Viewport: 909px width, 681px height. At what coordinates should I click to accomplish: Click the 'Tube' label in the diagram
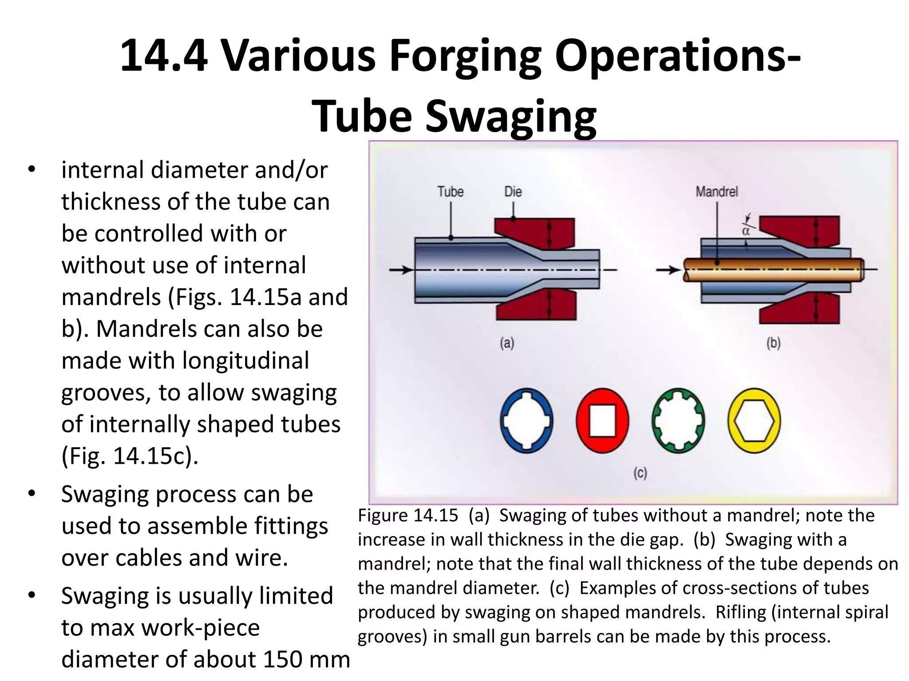pos(450,192)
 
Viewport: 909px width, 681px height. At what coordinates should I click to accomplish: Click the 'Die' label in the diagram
pos(513,192)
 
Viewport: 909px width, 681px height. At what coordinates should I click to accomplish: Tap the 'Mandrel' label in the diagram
pos(716,192)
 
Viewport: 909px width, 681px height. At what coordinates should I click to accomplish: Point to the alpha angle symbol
pos(746,231)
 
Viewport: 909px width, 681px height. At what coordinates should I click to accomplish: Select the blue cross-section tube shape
pos(526,420)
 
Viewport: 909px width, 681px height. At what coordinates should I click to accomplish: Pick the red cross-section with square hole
pos(602,420)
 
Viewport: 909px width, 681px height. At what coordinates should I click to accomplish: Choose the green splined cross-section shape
pos(678,420)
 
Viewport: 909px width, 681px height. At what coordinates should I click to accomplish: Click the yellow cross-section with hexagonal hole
pos(754,420)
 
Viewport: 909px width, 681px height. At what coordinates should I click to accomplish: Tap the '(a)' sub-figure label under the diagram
pos(507,343)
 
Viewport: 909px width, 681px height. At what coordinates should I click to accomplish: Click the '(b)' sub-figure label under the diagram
pos(773,343)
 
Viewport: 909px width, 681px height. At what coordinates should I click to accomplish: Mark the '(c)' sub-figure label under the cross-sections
pos(640,473)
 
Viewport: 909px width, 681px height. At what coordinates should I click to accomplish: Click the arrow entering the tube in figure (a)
pos(401,270)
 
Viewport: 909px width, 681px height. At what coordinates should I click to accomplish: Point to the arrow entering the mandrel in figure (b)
pos(668,270)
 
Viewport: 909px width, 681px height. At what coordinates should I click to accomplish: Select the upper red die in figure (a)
pos(535,233)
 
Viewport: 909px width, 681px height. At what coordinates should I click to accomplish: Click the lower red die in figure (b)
pos(799,308)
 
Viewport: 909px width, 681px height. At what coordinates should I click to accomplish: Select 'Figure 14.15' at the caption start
pos(408,515)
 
